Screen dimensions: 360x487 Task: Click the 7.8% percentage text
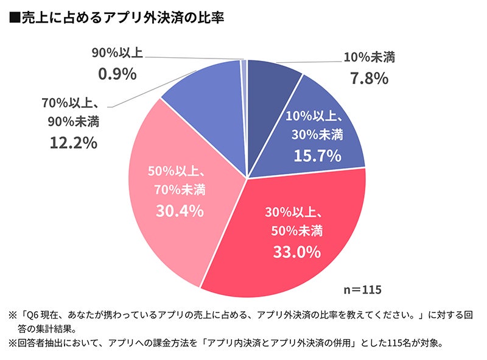[x=368, y=78]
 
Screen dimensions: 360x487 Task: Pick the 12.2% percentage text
[x=72, y=143]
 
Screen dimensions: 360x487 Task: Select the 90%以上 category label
[x=117, y=53]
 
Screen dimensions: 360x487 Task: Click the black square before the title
[x=15, y=19]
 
